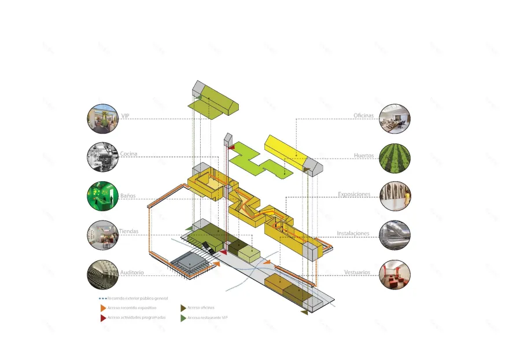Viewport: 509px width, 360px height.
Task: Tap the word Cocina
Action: pyautogui.click(x=128, y=154)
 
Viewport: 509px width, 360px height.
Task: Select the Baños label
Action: pyautogui.click(x=128, y=196)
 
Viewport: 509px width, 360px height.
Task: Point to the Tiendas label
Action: pyautogui.click(x=129, y=232)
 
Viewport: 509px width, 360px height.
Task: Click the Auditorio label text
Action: pyautogui.click(x=132, y=272)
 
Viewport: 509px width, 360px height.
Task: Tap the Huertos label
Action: pyautogui.click(x=364, y=156)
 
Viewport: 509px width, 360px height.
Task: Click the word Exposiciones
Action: pyautogui.click(x=355, y=194)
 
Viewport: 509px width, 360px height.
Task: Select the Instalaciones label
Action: pyautogui.click(x=353, y=233)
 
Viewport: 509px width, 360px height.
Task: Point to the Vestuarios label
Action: pyautogui.click(x=357, y=272)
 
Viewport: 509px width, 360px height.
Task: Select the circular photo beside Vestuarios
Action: pyautogui.click(x=395, y=274)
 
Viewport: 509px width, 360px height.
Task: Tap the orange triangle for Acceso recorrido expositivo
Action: pyautogui.click(x=103, y=308)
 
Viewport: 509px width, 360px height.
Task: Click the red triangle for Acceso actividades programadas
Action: pyautogui.click(x=103, y=318)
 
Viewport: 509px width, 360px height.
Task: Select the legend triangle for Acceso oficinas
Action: pyautogui.click(x=183, y=308)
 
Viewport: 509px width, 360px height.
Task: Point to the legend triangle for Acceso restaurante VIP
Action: pyautogui.click(x=183, y=318)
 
